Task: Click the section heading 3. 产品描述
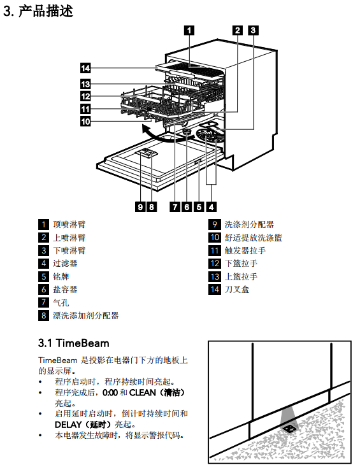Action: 38,11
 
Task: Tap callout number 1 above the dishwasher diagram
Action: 189,31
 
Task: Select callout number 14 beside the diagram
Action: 85,68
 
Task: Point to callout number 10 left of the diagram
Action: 85,122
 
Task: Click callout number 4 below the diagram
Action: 211,207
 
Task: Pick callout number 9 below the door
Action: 140,207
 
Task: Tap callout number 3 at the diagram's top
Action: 253,31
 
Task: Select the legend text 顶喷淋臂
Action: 69,225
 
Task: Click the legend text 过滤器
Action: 65,264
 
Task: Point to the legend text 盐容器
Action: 65,290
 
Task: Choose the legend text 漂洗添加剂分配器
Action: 86,316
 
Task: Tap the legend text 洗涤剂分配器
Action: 249,225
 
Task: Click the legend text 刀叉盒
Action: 237,290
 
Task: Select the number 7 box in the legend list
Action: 43,303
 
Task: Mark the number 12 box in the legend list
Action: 215,264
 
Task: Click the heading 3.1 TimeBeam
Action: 74,343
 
